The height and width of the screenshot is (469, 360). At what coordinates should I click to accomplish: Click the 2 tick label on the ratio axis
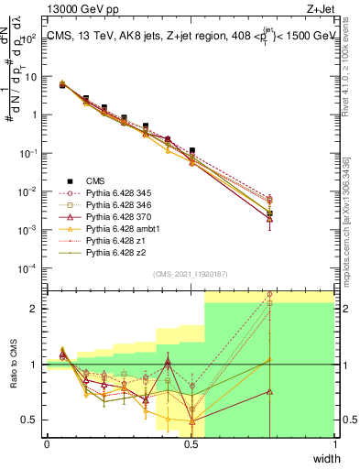tap(36, 309)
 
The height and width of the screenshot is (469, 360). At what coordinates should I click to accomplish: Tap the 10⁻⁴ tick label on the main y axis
tap(32, 267)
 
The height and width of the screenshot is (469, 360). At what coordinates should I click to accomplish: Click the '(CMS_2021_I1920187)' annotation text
tap(191, 273)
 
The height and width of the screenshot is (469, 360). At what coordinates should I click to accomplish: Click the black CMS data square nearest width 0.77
tap(269, 213)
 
